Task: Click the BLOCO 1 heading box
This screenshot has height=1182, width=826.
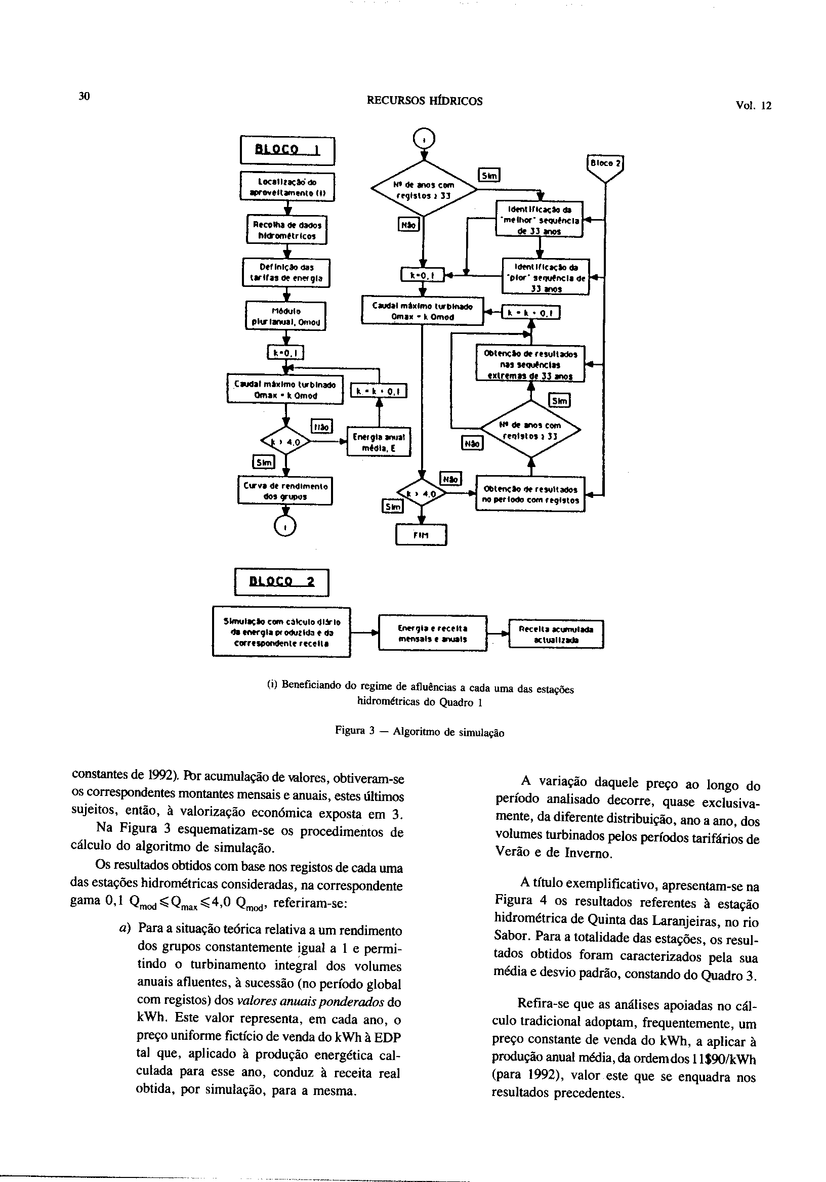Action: [x=288, y=150]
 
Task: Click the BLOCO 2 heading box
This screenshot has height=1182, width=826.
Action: [x=281, y=582]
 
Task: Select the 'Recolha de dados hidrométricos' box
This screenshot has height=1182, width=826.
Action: [x=287, y=230]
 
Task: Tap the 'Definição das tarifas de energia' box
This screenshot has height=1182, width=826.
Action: [x=286, y=272]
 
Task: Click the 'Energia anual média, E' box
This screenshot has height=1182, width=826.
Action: [x=379, y=442]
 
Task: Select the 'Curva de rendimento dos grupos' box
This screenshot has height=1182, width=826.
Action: [x=285, y=491]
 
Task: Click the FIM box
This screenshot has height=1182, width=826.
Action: [x=421, y=535]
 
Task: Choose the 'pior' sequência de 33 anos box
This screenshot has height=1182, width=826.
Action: [x=545, y=277]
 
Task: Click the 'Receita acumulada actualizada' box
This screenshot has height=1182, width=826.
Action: [x=556, y=634]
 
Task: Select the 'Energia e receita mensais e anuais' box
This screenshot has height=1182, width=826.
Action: [x=433, y=633]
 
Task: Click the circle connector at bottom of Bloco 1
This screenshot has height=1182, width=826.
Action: [x=286, y=526]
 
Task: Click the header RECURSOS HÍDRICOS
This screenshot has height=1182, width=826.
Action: [x=424, y=101]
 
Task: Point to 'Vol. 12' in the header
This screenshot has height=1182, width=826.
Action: [x=754, y=106]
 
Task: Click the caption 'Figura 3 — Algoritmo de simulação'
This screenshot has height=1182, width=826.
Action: [x=419, y=732]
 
